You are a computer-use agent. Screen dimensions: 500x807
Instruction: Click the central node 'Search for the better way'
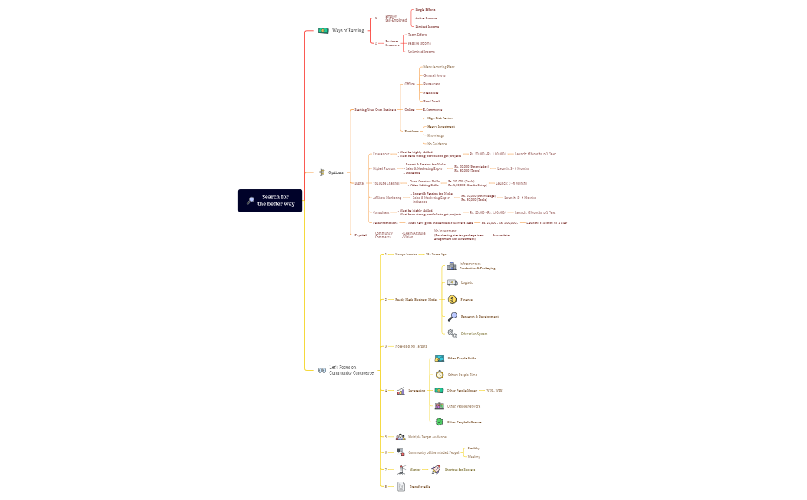coord(270,201)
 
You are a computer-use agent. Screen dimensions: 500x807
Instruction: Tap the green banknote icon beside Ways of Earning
coord(323,31)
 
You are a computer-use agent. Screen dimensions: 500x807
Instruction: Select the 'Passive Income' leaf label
coord(419,43)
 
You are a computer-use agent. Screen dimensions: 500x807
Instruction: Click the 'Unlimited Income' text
coord(420,52)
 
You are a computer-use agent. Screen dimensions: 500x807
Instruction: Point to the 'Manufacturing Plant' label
coord(439,67)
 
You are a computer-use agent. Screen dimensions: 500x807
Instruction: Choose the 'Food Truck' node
coord(431,101)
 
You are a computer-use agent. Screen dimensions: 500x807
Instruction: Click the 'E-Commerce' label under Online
coord(433,109)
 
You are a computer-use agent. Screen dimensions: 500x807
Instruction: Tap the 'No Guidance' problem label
coord(437,144)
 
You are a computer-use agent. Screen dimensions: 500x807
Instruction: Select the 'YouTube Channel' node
coord(386,183)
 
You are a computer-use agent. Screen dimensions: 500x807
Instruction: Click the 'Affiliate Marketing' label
coord(387,198)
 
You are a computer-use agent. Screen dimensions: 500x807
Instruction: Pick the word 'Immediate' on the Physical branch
coord(501,235)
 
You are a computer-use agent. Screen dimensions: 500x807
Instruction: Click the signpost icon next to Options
coord(322,172)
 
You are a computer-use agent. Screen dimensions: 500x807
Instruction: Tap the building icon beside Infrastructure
coord(452,266)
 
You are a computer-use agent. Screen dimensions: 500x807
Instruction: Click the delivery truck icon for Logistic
coord(452,282)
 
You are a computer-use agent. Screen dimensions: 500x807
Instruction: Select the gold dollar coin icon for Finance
coord(452,299)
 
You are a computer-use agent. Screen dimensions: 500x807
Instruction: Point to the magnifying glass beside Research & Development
coord(452,316)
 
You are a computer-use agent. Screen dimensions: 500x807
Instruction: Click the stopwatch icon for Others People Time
coord(439,375)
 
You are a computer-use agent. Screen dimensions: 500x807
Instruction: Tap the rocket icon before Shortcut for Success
coord(435,469)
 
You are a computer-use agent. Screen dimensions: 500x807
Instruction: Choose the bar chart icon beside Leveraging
coord(400,391)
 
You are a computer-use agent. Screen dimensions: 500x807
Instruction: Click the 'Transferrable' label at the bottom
coord(420,486)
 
